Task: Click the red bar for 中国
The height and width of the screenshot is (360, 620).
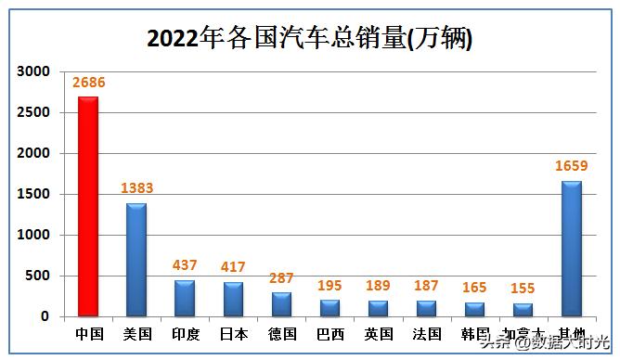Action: pos(87,206)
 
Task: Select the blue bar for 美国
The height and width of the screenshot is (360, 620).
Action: pos(136,260)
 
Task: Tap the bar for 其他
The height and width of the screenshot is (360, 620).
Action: pos(572,249)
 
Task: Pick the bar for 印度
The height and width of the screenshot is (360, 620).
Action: pos(185,298)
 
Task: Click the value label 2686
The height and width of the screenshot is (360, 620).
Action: pos(88,82)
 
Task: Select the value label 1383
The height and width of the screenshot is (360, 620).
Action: pos(136,188)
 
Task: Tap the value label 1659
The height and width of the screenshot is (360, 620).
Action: pos(572,166)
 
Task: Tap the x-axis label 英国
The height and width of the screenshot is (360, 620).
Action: pos(378,333)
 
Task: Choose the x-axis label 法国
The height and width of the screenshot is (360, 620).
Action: pos(427,333)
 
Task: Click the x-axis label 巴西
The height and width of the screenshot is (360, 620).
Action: pos(329,333)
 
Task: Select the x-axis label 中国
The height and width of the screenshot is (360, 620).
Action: pos(87,333)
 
